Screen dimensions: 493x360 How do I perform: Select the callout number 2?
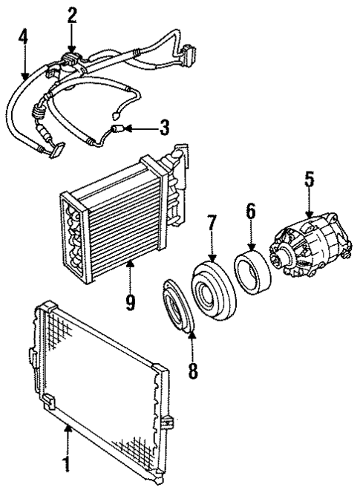(71, 13)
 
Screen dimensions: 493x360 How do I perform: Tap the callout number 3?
(163, 128)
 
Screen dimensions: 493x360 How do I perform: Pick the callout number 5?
(308, 179)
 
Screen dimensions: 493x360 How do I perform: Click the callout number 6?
(250, 211)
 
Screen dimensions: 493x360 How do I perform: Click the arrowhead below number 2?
(71, 49)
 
